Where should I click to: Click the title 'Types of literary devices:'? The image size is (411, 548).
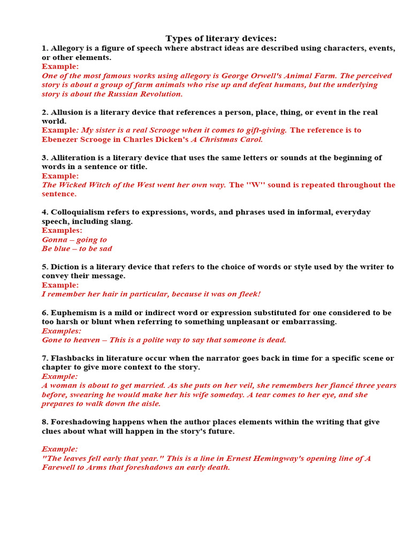click(221, 38)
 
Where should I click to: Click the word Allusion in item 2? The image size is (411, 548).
click(67, 112)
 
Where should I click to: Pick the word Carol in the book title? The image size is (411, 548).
click(249, 140)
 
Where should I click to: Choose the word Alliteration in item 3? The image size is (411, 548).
click(74, 158)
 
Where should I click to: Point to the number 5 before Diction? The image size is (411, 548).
click(44, 267)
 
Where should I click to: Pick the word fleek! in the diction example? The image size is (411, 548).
click(248, 294)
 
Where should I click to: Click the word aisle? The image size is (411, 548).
click(150, 404)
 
